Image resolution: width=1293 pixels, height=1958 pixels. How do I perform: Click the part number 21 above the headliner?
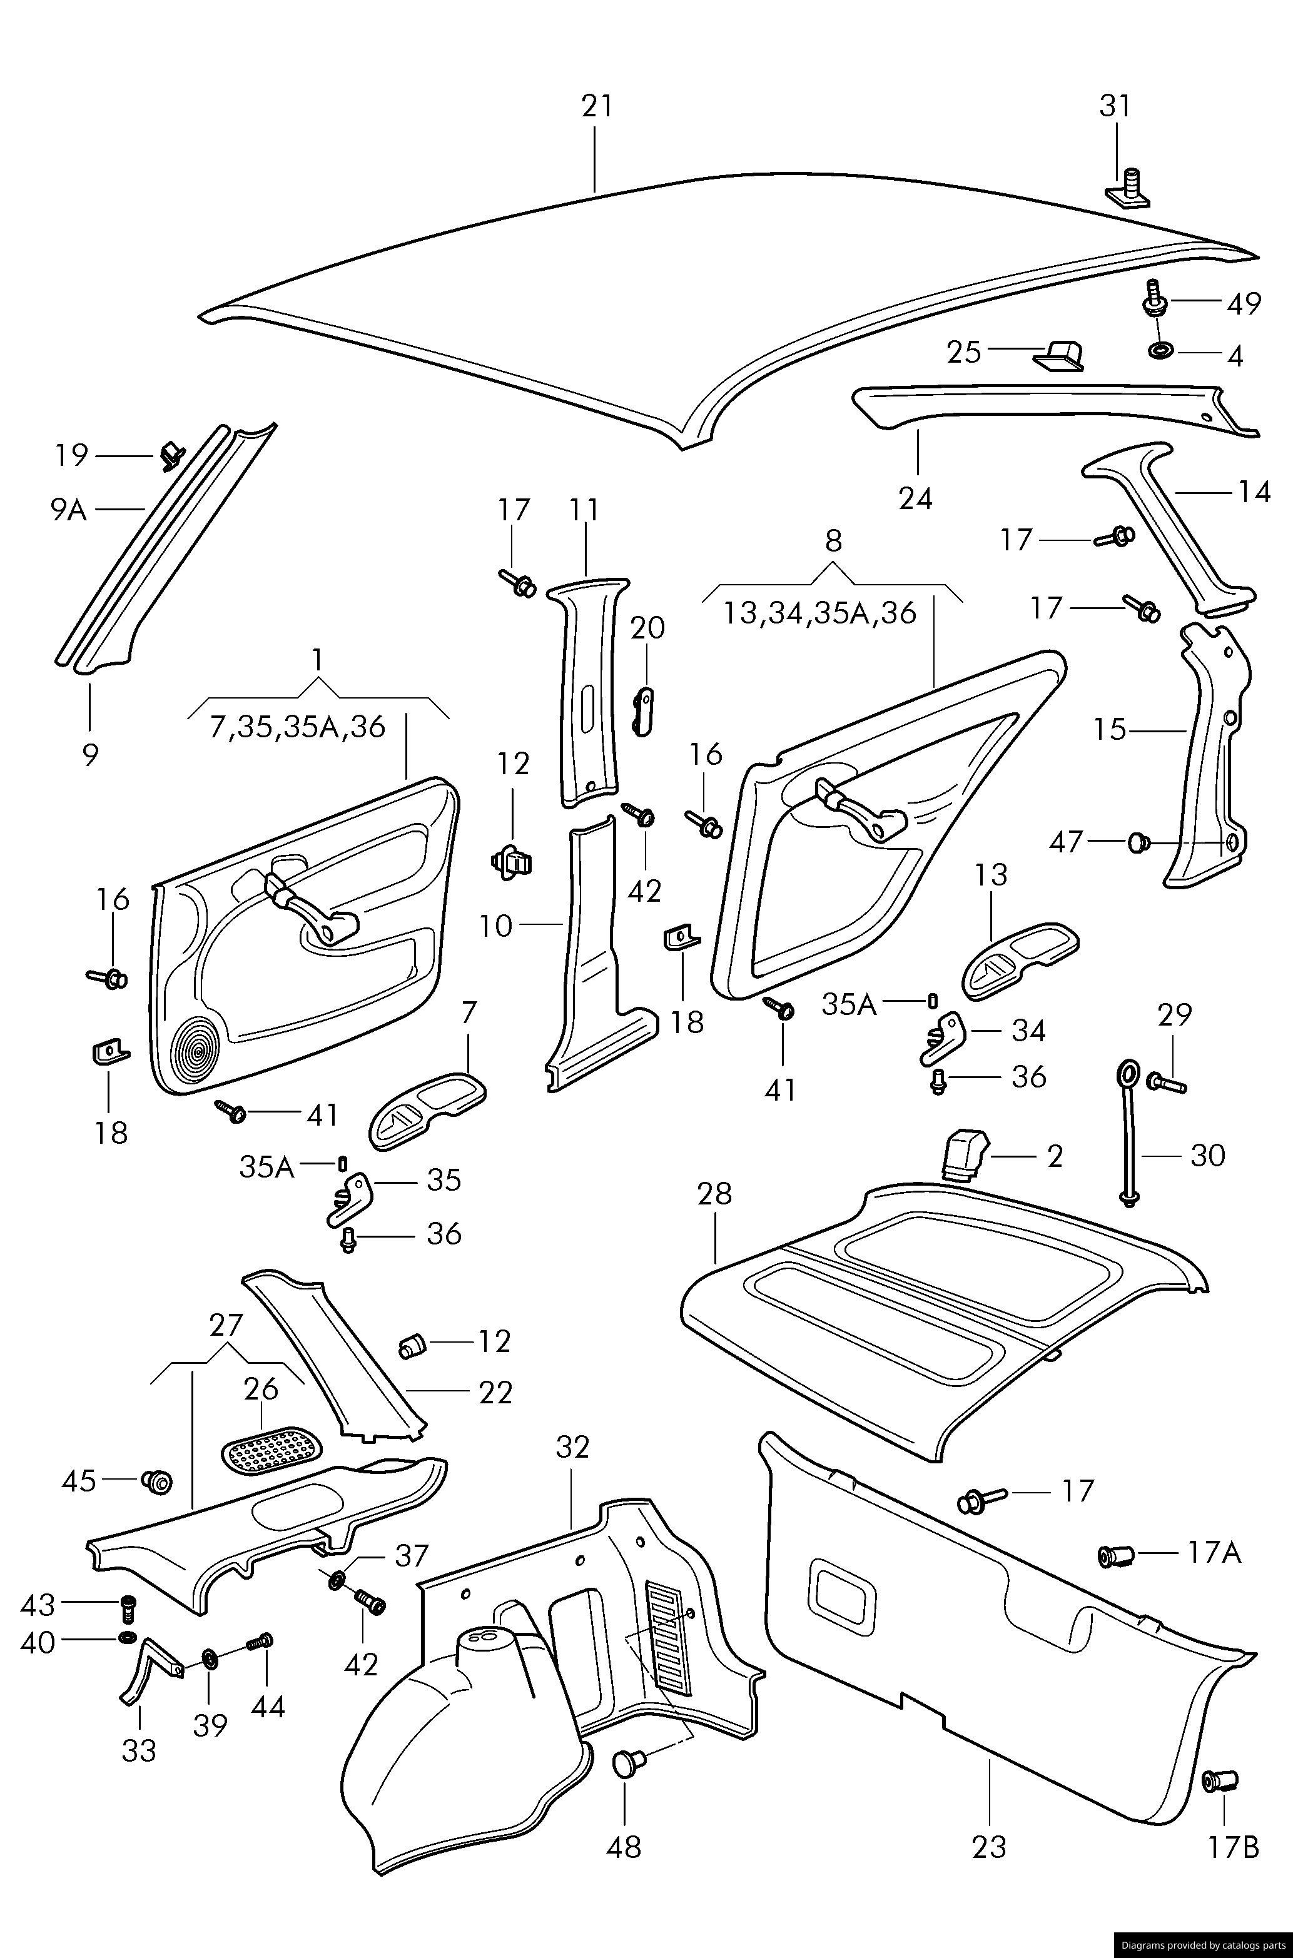[x=597, y=106]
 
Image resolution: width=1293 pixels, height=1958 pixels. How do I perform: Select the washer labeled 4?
[x=1161, y=350]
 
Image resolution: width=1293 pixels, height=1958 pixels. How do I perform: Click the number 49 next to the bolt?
[x=1243, y=303]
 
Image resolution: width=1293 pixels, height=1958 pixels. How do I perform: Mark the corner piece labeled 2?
[x=963, y=1154]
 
